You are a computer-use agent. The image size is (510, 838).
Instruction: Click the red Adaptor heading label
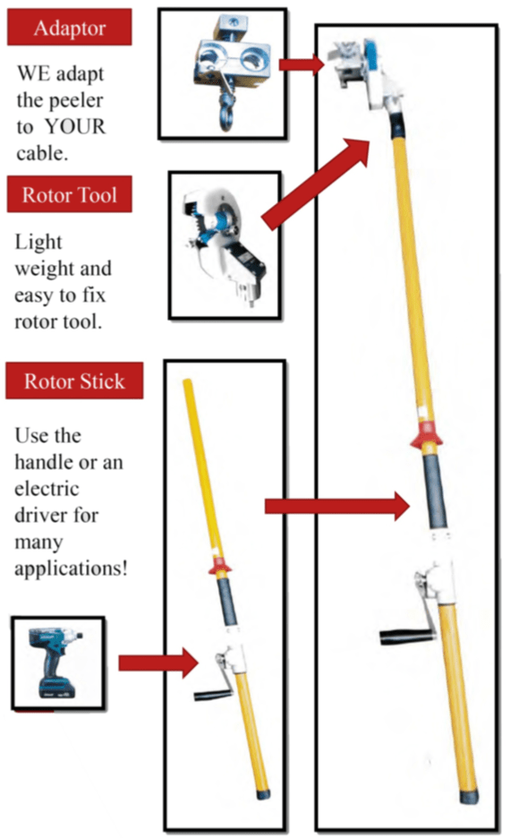click(x=70, y=27)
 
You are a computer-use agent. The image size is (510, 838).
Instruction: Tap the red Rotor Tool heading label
click(x=70, y=194)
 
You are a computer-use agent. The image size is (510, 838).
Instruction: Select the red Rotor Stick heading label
click(x=74, y=381)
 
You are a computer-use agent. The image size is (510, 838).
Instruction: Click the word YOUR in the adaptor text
click(x=75, y=126)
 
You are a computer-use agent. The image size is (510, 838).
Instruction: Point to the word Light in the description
click(x=38, y=243)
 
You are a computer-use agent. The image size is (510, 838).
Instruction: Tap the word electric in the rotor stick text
click(x=47, y=489)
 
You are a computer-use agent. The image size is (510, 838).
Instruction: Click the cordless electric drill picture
click(x=56, y=663)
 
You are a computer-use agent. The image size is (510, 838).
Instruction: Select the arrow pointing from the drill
click(x=158, y=663)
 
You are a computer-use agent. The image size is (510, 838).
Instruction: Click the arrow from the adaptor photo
click(x=302, y=64)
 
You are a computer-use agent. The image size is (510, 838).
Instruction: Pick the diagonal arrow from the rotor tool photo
click(x=316, y=184)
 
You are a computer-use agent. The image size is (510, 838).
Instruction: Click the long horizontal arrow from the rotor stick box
click(x=337, y=506)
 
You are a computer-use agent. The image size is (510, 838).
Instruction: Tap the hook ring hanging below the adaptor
click(x=225, y=115)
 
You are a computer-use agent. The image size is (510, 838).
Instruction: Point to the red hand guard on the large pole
click(x=426, y=434)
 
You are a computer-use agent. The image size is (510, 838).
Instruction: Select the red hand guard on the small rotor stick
click(x=219, y=566)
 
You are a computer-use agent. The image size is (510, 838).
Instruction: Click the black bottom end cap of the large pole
click(x=469, y=797)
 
